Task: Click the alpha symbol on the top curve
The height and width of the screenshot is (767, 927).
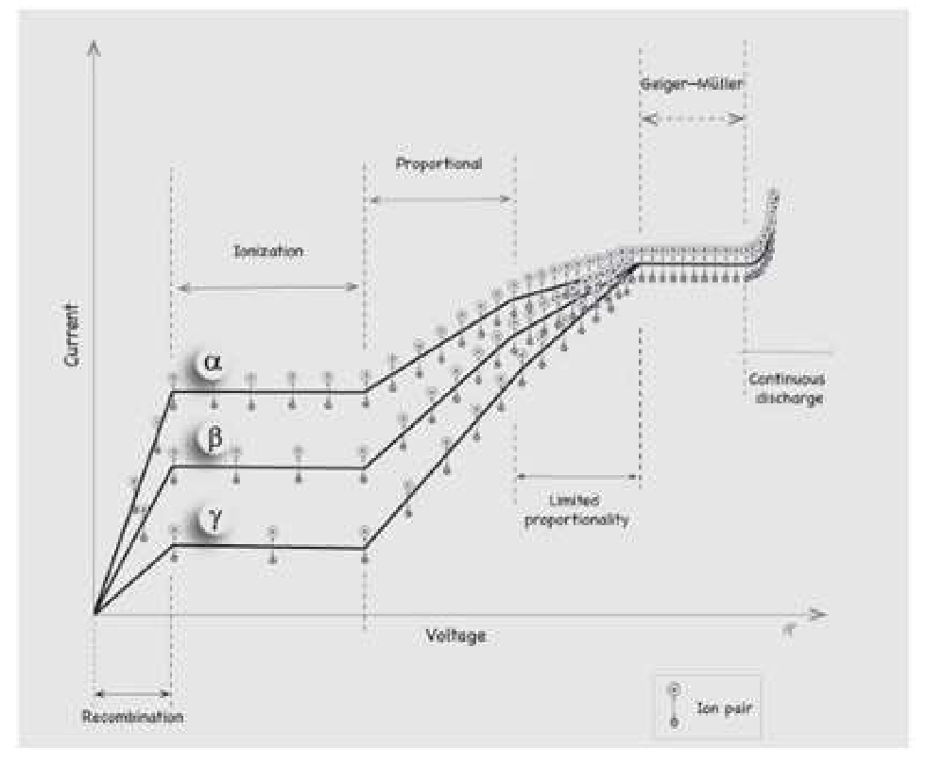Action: pyautogui.click(x=213, y=363)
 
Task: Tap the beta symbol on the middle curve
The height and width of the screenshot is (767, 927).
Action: pyautogui.click(x=214, y=439)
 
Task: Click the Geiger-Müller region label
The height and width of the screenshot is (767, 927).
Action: pyautogui.click(x=692, y=83)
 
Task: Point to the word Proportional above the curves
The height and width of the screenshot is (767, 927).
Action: pyautogui.click(x=438, y=163)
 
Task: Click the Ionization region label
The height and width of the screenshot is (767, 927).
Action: pyautogui.click(x=268, y=251)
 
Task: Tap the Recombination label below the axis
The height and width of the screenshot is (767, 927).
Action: pyautogui.click(x=132, y=717)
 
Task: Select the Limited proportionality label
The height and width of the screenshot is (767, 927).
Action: pyautogui.click(x=576, y=510)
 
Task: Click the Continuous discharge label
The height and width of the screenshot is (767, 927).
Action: pyautogui.click(x=786, y=388)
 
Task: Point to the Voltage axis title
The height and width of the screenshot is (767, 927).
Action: pyautogui.click(x=455, y=636)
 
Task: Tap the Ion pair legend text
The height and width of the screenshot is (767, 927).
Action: pyautogui.click(x=724, y=707)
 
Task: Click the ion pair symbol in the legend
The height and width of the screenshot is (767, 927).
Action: pyautogui.click(x=674, y=705)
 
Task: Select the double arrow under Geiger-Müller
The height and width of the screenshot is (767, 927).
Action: pyautogui.click(x=693, y=119)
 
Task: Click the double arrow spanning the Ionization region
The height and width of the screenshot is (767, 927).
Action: pyautogui.click(x=267, y=288)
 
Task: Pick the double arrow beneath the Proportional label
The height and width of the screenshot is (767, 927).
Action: pyautogui.click(x=439, y=199)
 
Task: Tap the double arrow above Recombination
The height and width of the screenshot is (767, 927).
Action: pyautogui.click(x=132, y=693)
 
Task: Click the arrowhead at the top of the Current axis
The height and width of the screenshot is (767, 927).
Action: pyautogui.click(x=94, y=48)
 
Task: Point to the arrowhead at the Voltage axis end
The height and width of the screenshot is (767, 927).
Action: pyautogui.click(x=819, y=615)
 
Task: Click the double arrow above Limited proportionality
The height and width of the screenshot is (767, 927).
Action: pyautogui.click(x=577, y=476)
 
